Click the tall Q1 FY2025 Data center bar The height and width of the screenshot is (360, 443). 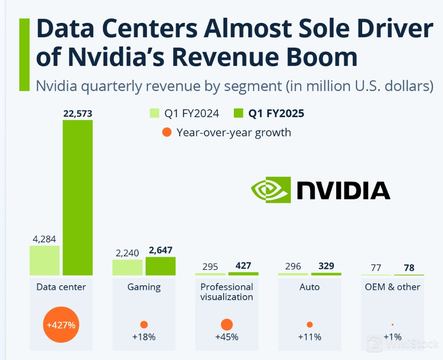coord(77,198)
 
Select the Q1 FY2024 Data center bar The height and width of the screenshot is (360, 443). coord(45,261)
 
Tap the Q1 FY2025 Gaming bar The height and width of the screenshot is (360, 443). coord(161,266)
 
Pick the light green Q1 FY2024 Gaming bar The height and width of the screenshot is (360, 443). coord(127,268)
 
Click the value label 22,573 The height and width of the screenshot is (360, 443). coord(78,113)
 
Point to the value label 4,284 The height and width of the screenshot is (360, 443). coord(44,239)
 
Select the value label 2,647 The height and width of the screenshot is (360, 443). coord(161,250)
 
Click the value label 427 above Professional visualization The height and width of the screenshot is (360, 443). coord(243,266)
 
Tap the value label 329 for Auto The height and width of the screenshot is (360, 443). coord(326,266)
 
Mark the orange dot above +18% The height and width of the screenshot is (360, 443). coord(144,325)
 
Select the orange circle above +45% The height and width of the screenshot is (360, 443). coord(227,325)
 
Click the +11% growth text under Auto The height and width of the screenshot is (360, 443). coord(309,337)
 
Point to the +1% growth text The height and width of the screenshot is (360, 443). coord(392,337)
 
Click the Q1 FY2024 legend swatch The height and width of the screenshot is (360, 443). coord(155,113)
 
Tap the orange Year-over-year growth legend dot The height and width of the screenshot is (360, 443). coord(167,133)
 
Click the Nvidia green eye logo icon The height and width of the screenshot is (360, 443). coord(271,190)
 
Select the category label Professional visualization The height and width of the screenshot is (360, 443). coord(227,292)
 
